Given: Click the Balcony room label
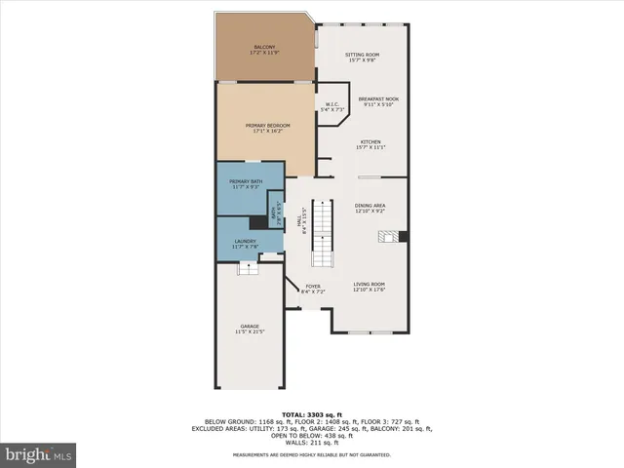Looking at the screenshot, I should [x=264, y=50].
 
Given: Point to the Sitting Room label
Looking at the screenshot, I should [x=362, y=58].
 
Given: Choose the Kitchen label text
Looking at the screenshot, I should [x=371, y=145].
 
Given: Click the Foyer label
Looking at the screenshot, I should [x=313, y=289].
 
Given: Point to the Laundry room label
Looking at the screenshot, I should [x=246, y=244].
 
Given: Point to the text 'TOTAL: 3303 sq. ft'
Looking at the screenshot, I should [x=311, y=414].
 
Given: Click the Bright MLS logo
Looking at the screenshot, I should [x=39, y=454].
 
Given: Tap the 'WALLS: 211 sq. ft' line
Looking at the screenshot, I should [x=311, y=445].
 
